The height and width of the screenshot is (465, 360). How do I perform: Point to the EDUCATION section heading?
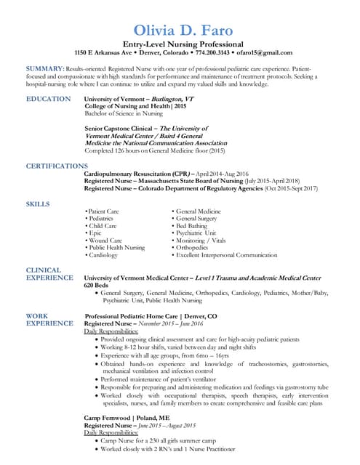coord(49,99)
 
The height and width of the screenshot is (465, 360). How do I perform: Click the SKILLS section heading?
coord(38,203)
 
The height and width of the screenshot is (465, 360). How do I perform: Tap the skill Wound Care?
coord(105,240)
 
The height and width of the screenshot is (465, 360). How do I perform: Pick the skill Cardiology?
coord(104,255)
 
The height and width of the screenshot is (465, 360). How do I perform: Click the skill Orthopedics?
coord(194,248)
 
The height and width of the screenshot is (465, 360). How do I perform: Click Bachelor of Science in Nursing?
coord(124,113)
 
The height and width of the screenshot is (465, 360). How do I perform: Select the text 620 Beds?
coord(97,285)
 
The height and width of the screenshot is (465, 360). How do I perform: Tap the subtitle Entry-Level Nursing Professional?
coord(183,44)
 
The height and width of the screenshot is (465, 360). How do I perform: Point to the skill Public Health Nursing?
coord(116,248)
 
